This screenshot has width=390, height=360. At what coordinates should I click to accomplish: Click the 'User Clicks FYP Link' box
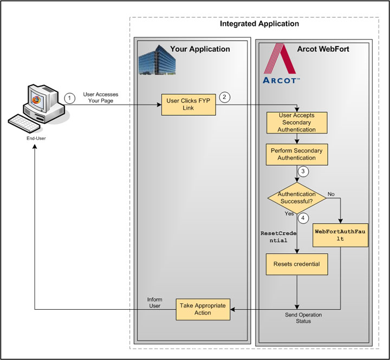[189, 104]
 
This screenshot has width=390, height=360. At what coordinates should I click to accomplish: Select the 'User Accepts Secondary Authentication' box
[297, 122]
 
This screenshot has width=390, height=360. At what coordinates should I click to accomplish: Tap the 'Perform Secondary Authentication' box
[297, 154]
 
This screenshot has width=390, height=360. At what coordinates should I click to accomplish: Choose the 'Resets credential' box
[297, 264]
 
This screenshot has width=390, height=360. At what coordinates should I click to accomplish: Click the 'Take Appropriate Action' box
[203, 309]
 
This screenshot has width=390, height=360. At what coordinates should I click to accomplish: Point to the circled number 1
[69, 98]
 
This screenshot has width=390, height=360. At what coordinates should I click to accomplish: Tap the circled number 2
[225, 97]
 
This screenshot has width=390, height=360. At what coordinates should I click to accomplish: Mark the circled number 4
[304, 219]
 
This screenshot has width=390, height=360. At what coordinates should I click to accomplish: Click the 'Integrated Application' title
[259, 24]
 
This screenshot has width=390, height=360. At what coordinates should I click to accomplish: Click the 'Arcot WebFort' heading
[323, 49]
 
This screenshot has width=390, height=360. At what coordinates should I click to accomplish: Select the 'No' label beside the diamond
[331, 193]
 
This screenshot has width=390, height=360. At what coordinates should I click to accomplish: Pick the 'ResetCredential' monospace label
[276, 237]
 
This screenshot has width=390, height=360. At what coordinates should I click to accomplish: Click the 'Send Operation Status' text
[303, 318]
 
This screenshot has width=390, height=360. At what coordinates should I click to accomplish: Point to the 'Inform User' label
[154, 303]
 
